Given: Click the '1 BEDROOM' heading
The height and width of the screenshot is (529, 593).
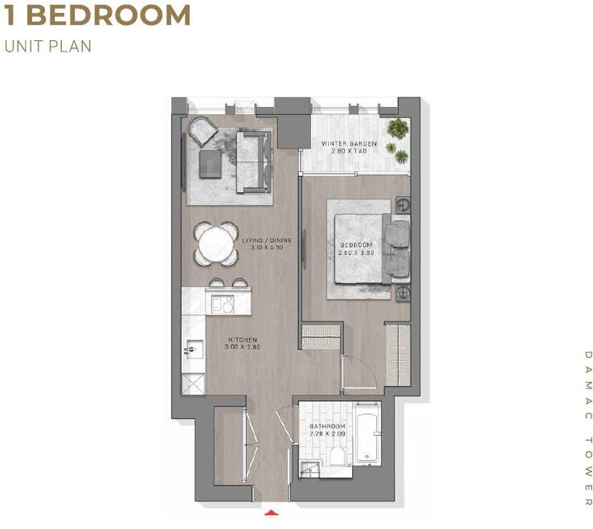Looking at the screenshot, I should tap(97, 15).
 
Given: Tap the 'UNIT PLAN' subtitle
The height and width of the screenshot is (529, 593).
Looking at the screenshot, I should tap(48, 46).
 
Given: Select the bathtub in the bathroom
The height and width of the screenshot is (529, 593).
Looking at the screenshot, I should tap(366, 434).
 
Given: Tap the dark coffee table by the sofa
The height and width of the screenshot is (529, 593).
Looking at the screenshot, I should tap(211, 164).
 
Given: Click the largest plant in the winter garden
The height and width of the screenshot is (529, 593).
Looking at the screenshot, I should tap(397, 128).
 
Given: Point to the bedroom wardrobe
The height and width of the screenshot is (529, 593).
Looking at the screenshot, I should tap(397, 354).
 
